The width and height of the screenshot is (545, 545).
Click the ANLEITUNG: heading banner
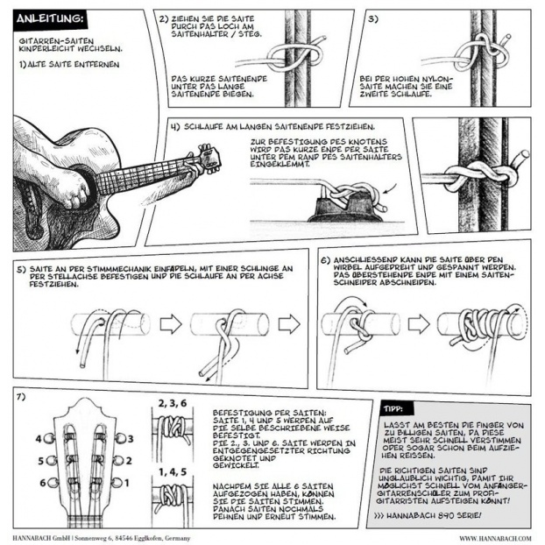(50, 18)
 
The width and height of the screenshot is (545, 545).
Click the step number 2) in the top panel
(164, 19)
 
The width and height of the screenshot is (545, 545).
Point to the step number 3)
(373, 18)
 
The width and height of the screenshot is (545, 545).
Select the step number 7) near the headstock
(21, 397)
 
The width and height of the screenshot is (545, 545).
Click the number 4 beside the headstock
(39, 439)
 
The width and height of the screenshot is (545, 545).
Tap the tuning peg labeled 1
(116, 483)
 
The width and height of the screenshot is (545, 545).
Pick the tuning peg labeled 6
(53, 483)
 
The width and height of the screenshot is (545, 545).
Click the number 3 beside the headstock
(131, 439)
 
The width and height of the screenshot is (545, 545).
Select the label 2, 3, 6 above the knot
(173, 403)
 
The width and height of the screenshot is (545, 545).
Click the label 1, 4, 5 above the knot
(173, 471)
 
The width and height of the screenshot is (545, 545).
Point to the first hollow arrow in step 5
(171, 324)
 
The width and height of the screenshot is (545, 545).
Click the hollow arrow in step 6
(419, 324)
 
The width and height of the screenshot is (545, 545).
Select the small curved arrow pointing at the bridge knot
(390, 189)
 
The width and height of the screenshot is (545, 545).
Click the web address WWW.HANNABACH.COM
(495, 538)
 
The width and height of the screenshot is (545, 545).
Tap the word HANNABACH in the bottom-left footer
(30, 538)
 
